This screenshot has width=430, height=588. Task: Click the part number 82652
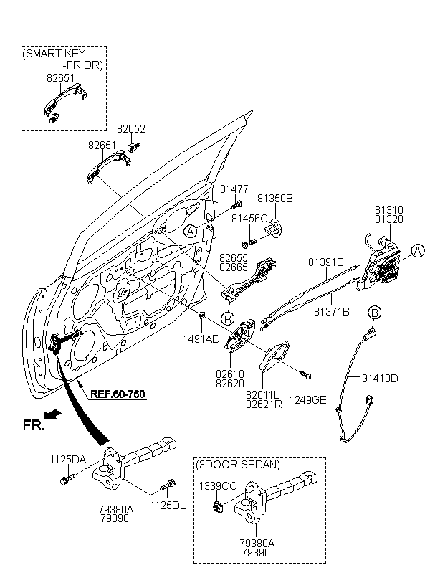click(x=131, y=130)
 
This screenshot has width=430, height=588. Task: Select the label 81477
click(x=234, y=189)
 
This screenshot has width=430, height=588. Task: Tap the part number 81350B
click(x=276, y=198)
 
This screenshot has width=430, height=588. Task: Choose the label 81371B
click(x=331, y=313)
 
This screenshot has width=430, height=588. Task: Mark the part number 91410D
click(x=379, y=378)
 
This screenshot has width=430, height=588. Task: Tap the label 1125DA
click(x=67, y=460)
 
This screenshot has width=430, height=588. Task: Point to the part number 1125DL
click(x=168, y=506)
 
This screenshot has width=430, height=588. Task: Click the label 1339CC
click(x=218, y=486)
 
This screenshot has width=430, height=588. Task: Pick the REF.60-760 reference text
click(x=118, y=393)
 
